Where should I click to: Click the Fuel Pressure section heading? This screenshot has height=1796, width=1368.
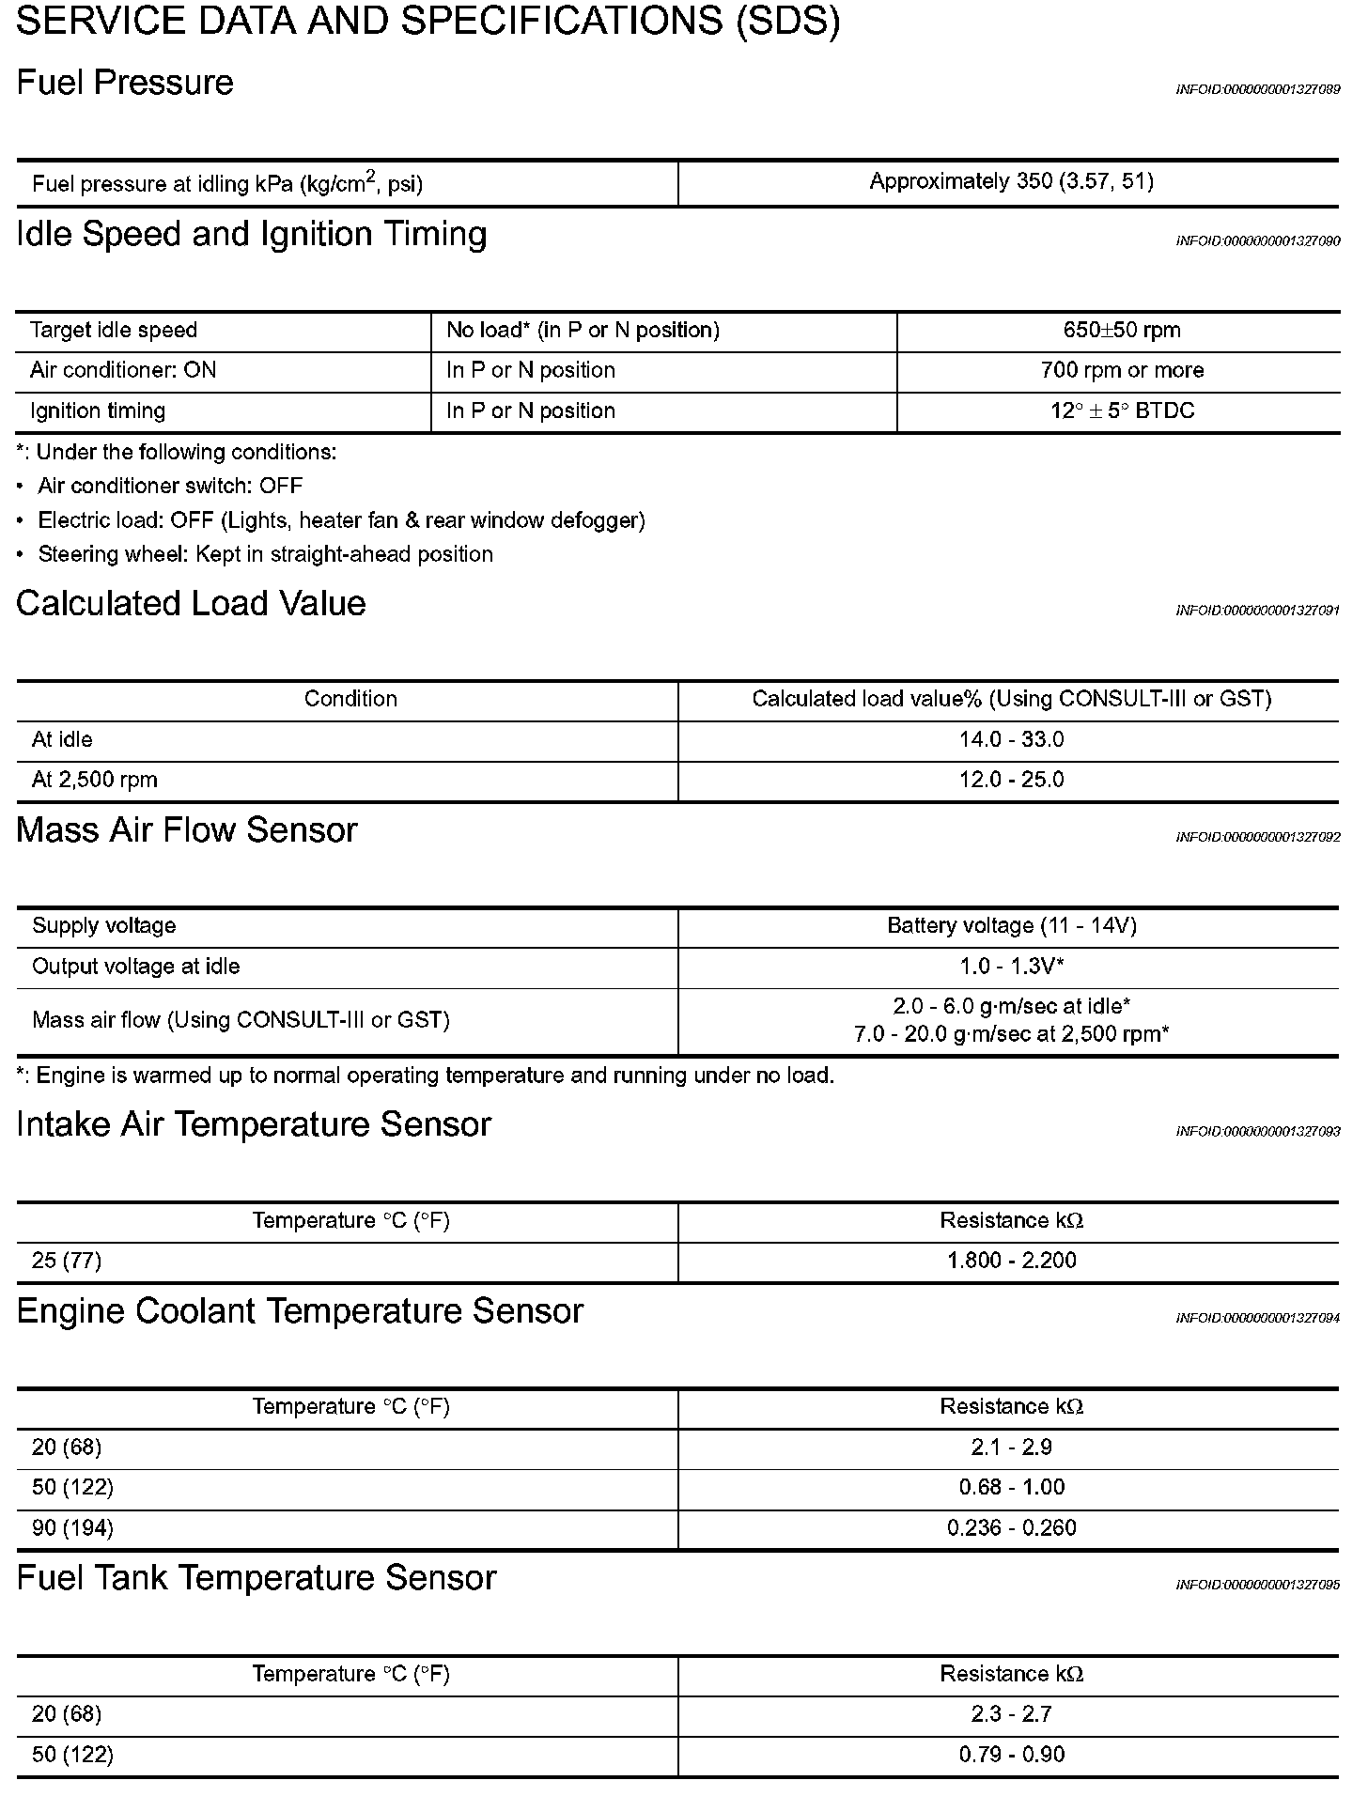coord(125,83)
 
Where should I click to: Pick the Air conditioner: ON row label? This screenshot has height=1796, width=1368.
coord(123,370)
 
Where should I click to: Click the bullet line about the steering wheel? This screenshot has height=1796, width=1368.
coord(265,554)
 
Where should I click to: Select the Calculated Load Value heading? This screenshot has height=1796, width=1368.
coord(191,603)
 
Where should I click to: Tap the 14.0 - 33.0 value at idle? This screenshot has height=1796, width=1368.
coord(1011,739)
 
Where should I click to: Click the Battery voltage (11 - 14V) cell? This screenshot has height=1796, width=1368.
coord(1011,926)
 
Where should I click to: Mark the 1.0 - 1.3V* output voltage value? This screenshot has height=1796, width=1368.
coord(1011,967)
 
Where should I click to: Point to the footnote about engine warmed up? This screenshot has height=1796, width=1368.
coord(426,1076)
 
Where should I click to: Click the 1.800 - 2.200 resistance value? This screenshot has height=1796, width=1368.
coord(1011,1261)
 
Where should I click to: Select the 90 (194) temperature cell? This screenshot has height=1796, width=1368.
coord(72,1528)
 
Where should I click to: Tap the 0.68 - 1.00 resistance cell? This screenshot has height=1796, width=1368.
coord(1011,1488)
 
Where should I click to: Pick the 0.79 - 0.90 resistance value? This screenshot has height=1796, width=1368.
coord(1011,1755)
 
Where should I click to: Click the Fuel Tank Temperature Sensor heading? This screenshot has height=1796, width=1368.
coord(256,1578)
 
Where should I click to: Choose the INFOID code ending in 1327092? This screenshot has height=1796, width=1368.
coord(1257,837)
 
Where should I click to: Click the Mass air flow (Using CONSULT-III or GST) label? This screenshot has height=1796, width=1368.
coord(241,1020)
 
